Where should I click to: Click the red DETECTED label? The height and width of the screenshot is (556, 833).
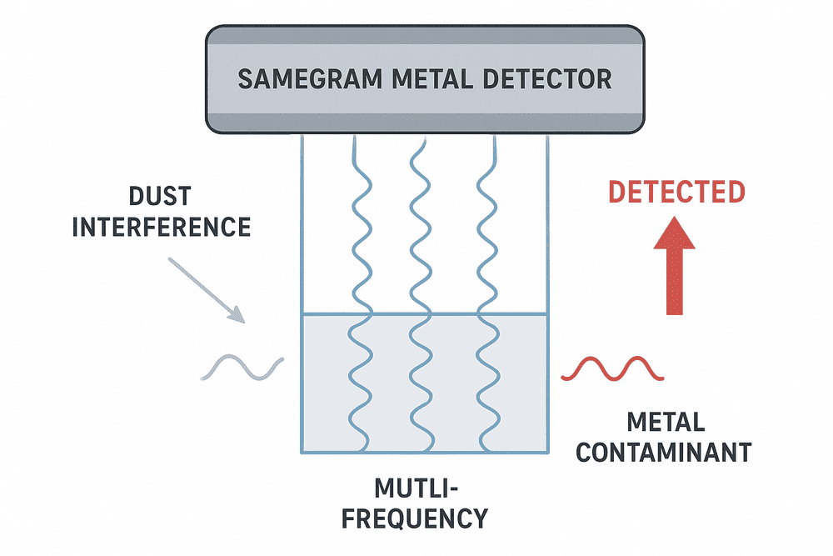pyautogui.click(x=676, y=192)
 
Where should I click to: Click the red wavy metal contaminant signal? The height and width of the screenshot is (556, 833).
pyautogui.click(x=613, y=368)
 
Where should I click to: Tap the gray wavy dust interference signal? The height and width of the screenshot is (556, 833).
pyautogui.click(x=242, y=368)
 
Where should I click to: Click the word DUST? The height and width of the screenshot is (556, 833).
pyautogui.click(x=160, y=198)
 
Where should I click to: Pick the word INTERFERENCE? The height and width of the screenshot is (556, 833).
pyautogui.click(x=161, y=227)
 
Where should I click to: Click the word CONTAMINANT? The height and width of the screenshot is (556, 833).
pyautogui.click(x=664, y=452)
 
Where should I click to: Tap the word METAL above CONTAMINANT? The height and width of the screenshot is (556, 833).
pyautogui.click(x=664, y=422)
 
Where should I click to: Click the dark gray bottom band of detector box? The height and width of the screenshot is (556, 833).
pyautogui.click(x=425, y=123)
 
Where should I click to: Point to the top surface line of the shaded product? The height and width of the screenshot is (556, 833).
pyautogui.click(x=425, y=314)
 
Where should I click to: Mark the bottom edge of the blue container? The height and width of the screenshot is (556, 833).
pyautogui.click(x=425, y=453)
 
